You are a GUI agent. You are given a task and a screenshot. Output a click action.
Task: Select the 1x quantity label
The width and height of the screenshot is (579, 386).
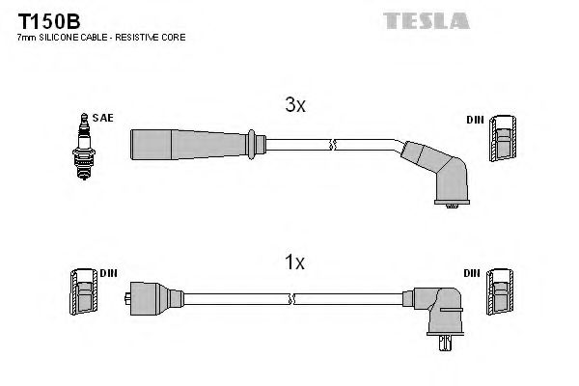point(295,262)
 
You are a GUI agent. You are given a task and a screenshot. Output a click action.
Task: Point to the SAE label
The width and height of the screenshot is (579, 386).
point(104,118)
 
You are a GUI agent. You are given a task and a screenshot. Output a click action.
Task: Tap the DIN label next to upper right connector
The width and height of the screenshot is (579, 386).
point(474,119)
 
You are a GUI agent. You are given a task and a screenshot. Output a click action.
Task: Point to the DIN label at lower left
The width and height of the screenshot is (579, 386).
point(108,273)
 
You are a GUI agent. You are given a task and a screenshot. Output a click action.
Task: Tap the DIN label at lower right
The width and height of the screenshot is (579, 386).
point(472,273)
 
